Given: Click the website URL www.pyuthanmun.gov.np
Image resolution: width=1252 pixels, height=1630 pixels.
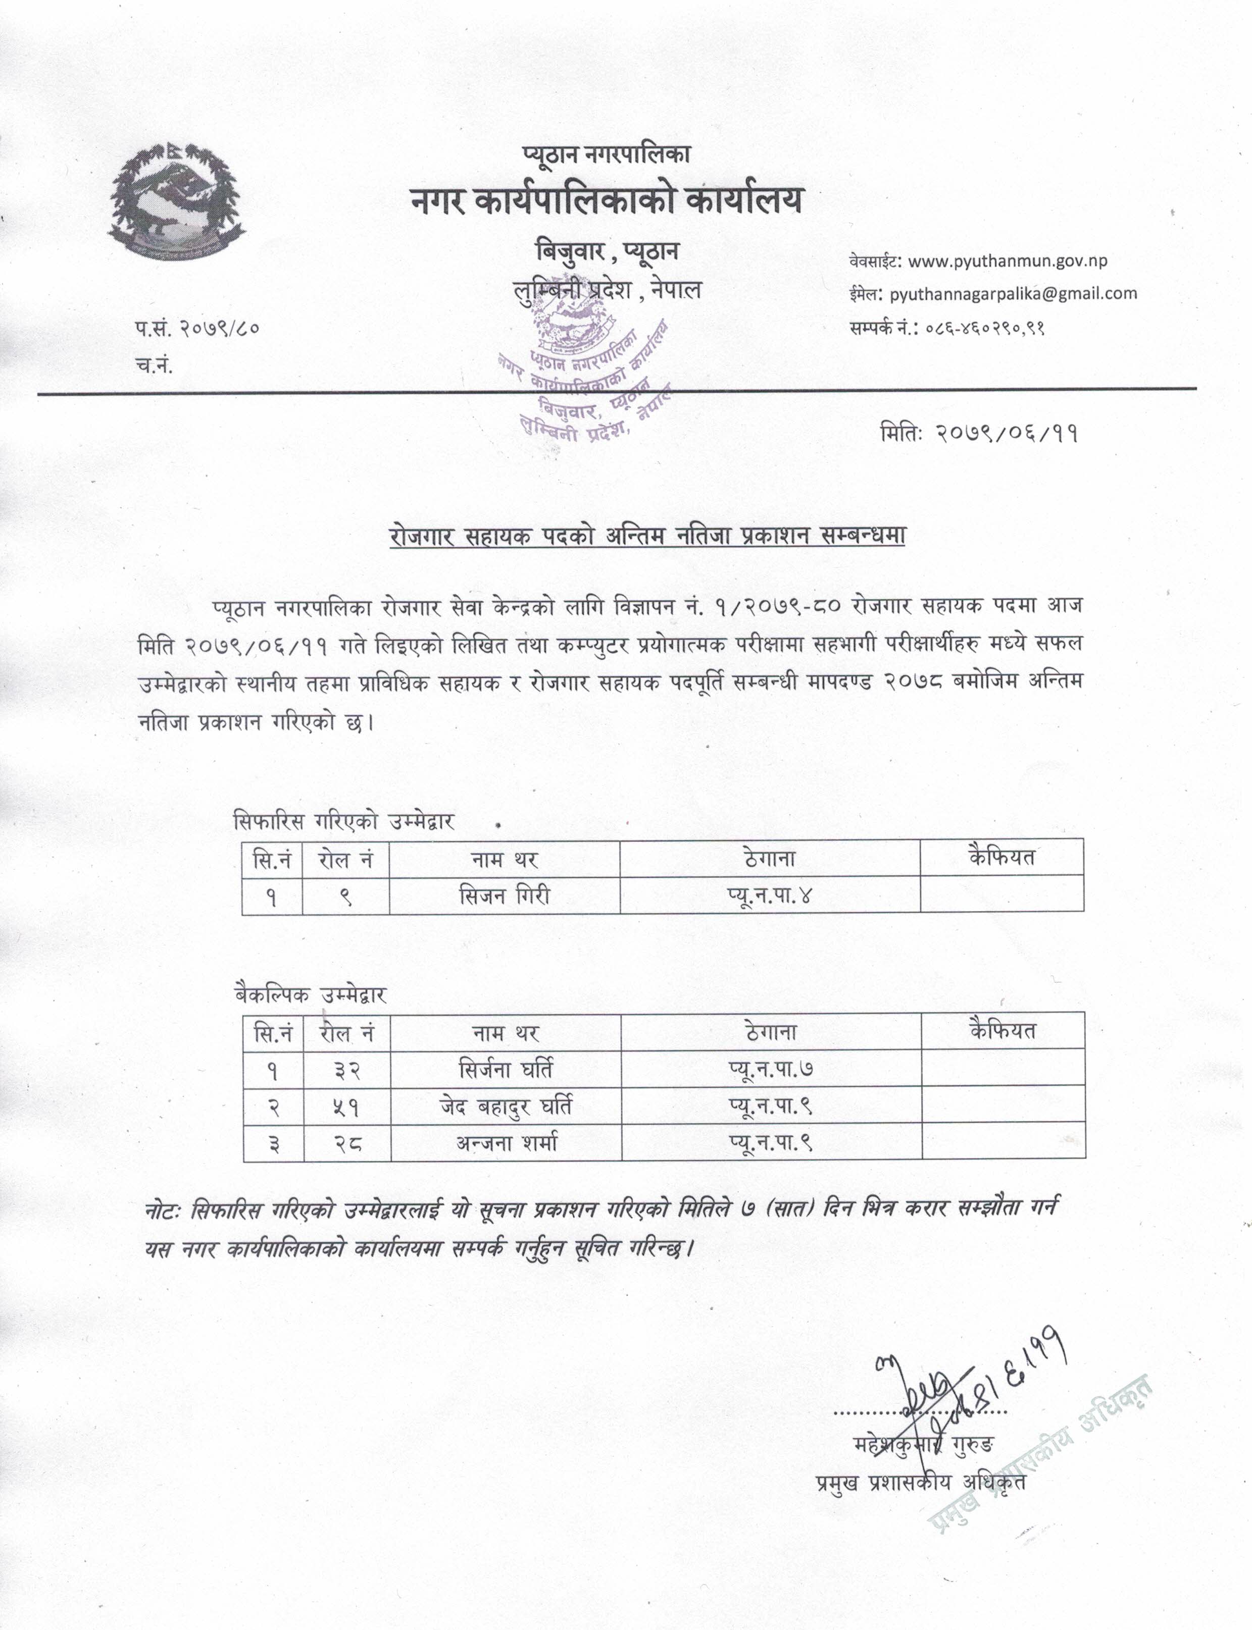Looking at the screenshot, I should (1008, 261).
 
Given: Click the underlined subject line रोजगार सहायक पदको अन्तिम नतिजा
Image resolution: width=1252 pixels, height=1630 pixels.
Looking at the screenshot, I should (647, 537).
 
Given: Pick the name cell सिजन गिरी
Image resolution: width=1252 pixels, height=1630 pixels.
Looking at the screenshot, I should (505, 895).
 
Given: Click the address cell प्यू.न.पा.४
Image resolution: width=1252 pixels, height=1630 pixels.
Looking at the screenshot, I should (769, 895).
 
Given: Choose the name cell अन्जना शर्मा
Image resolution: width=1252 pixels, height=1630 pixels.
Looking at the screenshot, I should (507, 1143).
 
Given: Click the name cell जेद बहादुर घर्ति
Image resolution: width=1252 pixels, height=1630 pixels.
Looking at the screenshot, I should (506, 1107).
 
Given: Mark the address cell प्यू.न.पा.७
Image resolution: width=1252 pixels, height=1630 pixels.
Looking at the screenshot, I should (771, 1070).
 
